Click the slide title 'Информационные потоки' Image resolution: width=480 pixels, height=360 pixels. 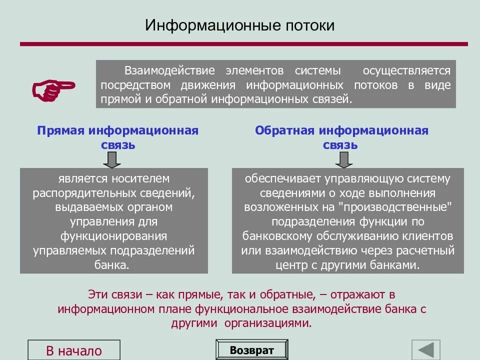pos(239,26)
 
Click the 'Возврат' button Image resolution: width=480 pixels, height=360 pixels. pos(252,350)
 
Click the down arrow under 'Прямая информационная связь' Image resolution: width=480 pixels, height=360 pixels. pos(112,159)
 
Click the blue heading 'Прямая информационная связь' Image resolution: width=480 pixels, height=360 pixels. pos(118,137)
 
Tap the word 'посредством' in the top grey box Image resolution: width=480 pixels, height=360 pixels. pos(131,85)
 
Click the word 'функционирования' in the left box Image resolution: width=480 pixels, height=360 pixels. pos(113,236)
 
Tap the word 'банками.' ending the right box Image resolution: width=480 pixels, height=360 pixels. pos(395,265)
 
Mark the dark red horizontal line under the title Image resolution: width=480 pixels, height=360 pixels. pos(243,44)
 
